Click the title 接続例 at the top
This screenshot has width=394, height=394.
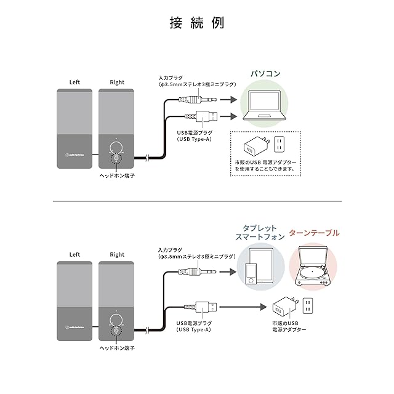tap(197, 24)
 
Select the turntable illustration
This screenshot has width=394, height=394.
tap(318, 267)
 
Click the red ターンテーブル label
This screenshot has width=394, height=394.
tap(315, 233)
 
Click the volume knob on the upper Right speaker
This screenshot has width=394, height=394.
tap(116, 149)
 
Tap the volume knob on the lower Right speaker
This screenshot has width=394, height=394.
tap(116, 321)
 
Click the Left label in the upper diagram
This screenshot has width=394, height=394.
tap(75, 82)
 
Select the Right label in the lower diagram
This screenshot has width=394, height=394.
tap(117, 254)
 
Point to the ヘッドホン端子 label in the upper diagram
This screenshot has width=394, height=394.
tap(117, 175)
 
